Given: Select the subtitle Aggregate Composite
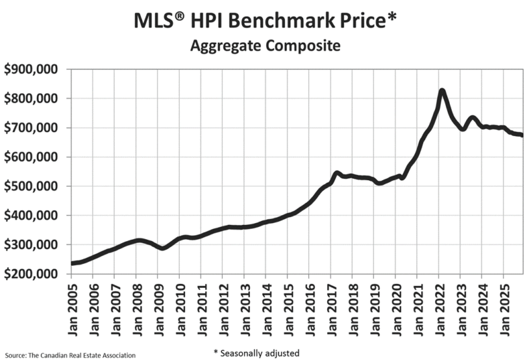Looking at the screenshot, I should (x=265, y=46).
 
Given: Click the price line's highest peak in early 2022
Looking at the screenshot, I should (x=442, y=90).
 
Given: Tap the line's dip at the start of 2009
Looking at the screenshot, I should (x=161, y=248).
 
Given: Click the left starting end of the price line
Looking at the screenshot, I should (x=72, y=263).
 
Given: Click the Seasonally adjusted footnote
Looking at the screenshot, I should (x=256, y=352).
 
